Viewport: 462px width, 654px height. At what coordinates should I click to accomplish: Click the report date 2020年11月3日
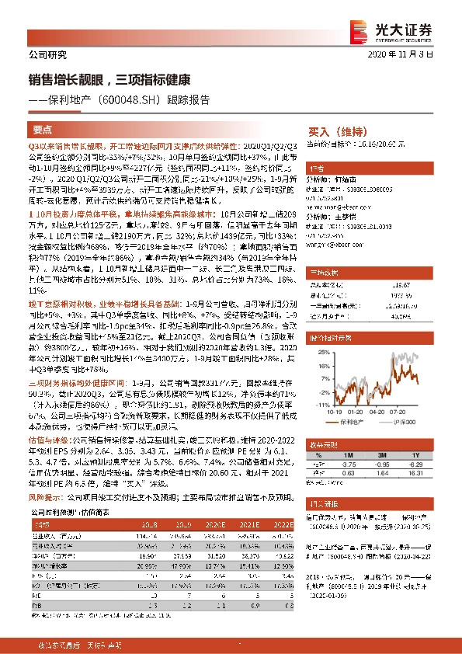[415, 54]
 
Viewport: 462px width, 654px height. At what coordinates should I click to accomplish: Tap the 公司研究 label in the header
[47, 54]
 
